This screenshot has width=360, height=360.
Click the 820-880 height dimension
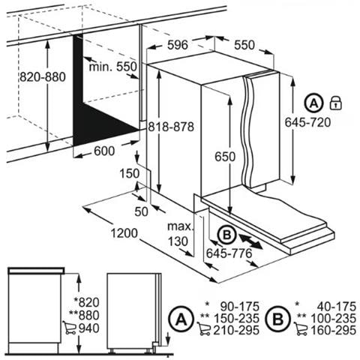click(x=43, y=76)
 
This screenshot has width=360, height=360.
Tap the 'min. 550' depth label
click(x=113, y=67)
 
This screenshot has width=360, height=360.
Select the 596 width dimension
click(x=178, y=45)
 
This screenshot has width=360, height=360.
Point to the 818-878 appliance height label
click(x=171, y=127)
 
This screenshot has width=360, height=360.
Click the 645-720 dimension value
click(x=307, y=122)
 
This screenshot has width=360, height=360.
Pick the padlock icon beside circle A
click(x=336, y=103)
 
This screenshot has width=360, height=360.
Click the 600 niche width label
click(x=104, y=151)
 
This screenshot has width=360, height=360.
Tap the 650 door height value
click(x=225, y=157)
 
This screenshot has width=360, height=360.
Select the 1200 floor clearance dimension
click(x=124, y=233)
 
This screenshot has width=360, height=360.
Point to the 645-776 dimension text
click(x=229, y=253)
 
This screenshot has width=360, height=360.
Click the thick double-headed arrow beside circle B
click(x=250, y=241)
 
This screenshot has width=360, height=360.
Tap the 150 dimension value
click(x=129, y=173)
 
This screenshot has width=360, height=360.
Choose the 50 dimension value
click(x=141, y=211)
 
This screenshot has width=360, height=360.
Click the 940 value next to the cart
click(x=89, y=328)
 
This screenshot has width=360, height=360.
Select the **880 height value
click(x=84, y=315)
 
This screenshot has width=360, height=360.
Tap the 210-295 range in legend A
click(x=236, y=330)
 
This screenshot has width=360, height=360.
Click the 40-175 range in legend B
click(x=337, y=307)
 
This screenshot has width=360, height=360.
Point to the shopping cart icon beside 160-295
click(x=301, y=329)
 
